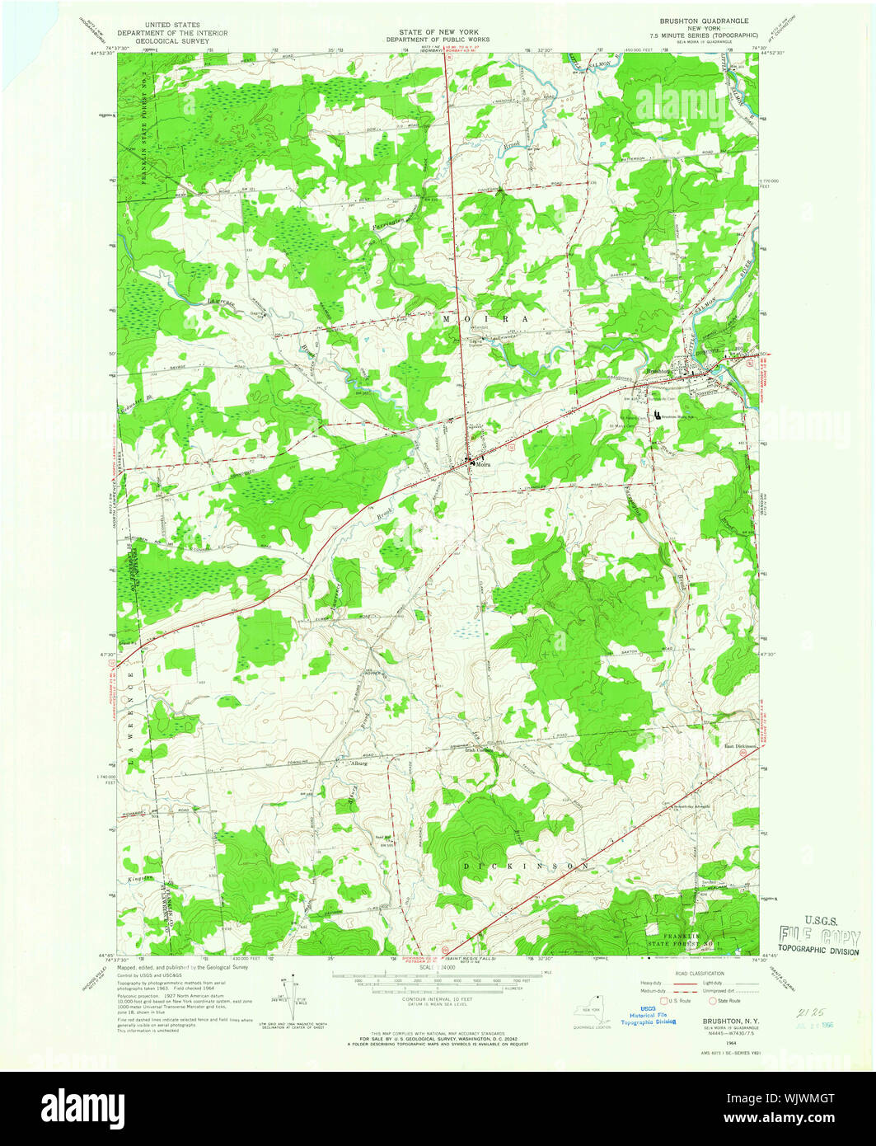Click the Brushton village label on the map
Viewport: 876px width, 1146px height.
click(659, 371)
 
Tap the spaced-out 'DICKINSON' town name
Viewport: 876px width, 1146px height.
click(526, 867)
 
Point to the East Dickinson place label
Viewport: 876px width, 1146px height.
click(740, 747)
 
